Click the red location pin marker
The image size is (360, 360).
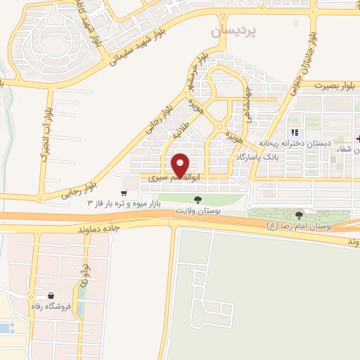[x=181, y=165]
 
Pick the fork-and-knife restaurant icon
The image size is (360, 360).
[x=296, y=131]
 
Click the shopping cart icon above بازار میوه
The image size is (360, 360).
[x=124, y=193]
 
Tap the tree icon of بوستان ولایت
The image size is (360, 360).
[x=198, y=200]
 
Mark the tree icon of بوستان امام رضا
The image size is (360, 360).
[x=300, y=214]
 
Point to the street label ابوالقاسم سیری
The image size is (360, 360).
[x=172, y=179]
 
